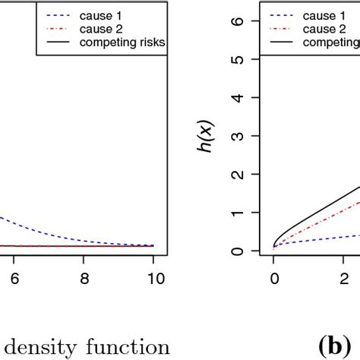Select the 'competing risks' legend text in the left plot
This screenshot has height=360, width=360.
pyautogui.click(x=122, y=43)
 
